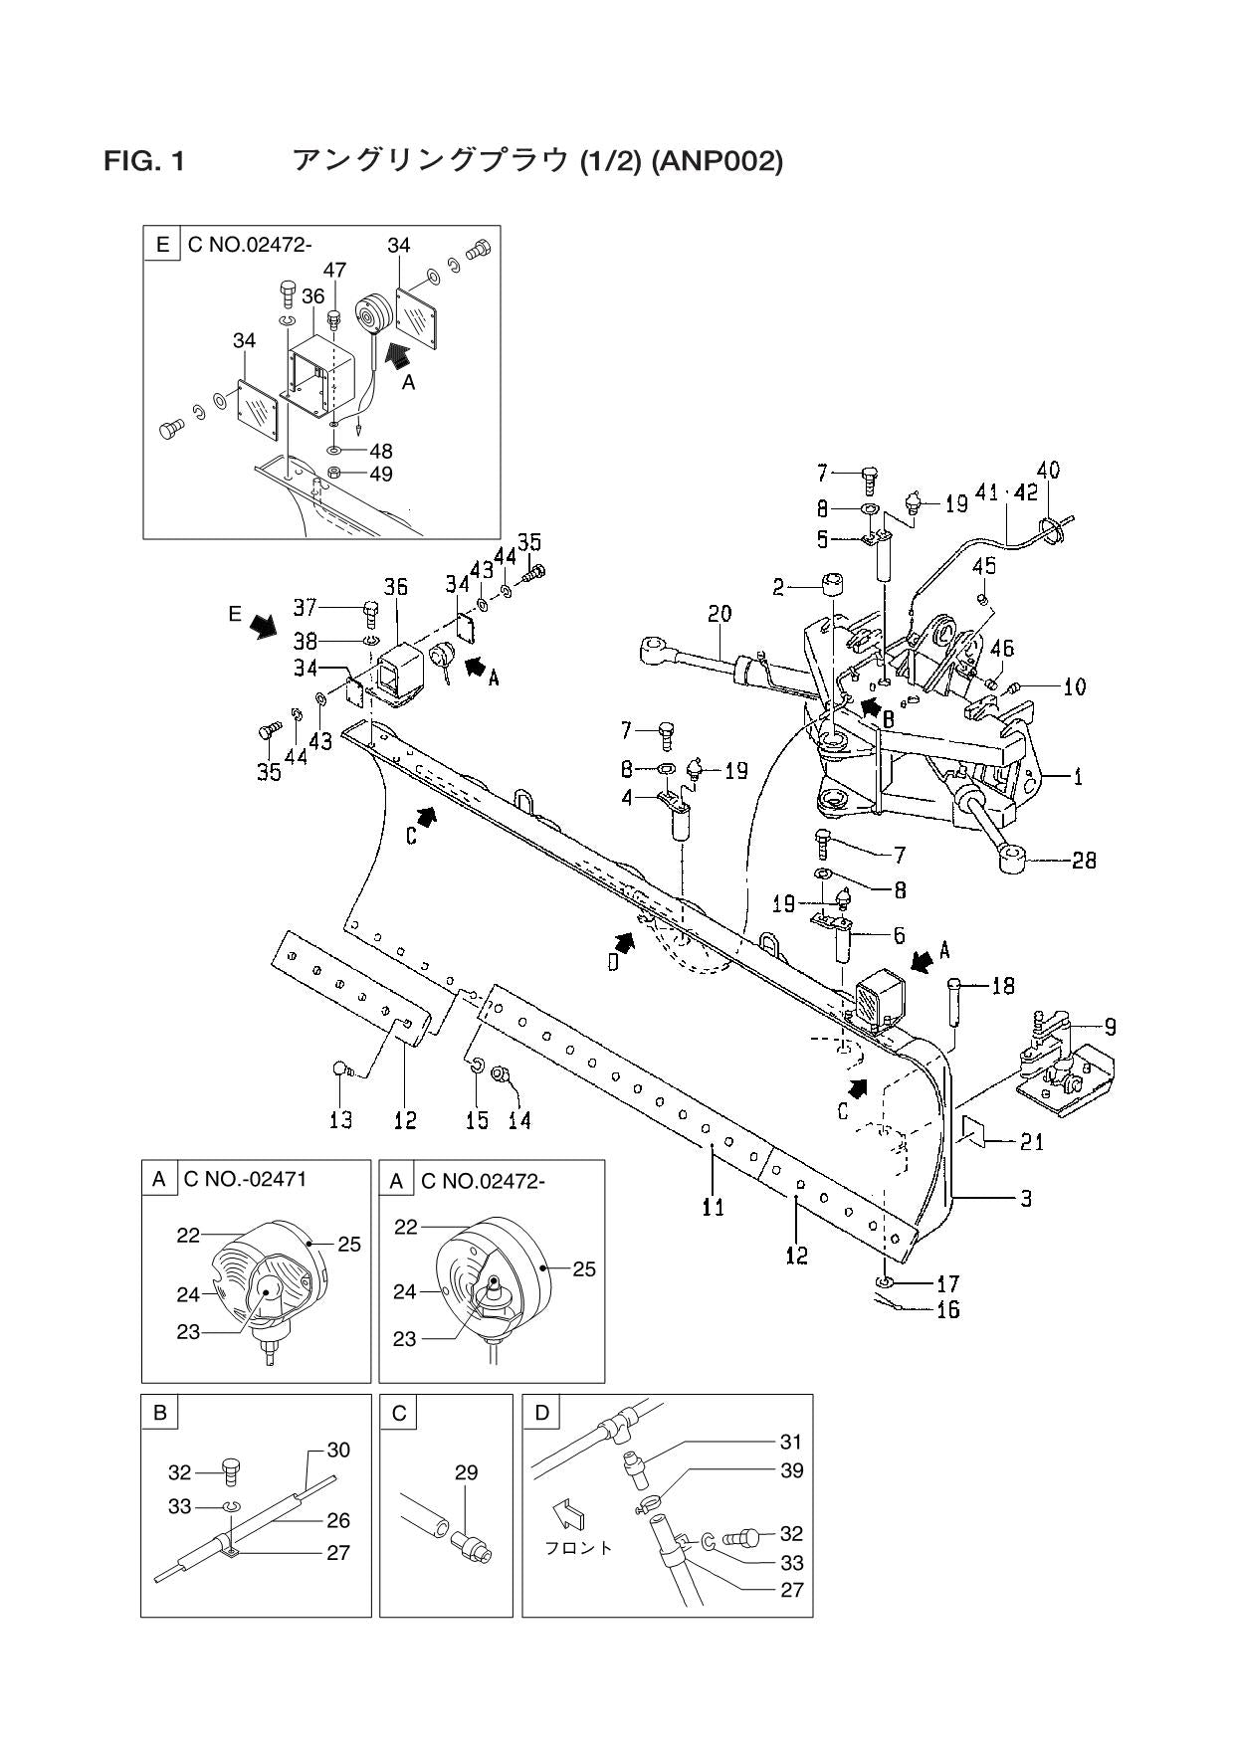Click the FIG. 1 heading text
pos(144,160)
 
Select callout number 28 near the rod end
pos(1084,860)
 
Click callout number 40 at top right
pos(1048,469)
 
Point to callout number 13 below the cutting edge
pos(340,1120)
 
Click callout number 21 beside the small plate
pos(1032,1142)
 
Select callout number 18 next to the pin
pos(1002,985)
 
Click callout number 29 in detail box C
pos(466,1472)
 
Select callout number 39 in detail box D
pos(792,1470)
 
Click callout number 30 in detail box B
pos(338,1450)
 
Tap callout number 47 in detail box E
pos(334,270)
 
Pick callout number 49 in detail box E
pos(380,474)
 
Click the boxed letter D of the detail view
pos(541,1412)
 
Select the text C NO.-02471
pos(245,1180)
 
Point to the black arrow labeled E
pos(265,625)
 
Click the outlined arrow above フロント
pos(570,1513)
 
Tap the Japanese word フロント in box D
pos(579,1548)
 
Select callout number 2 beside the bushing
pos(779,588)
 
